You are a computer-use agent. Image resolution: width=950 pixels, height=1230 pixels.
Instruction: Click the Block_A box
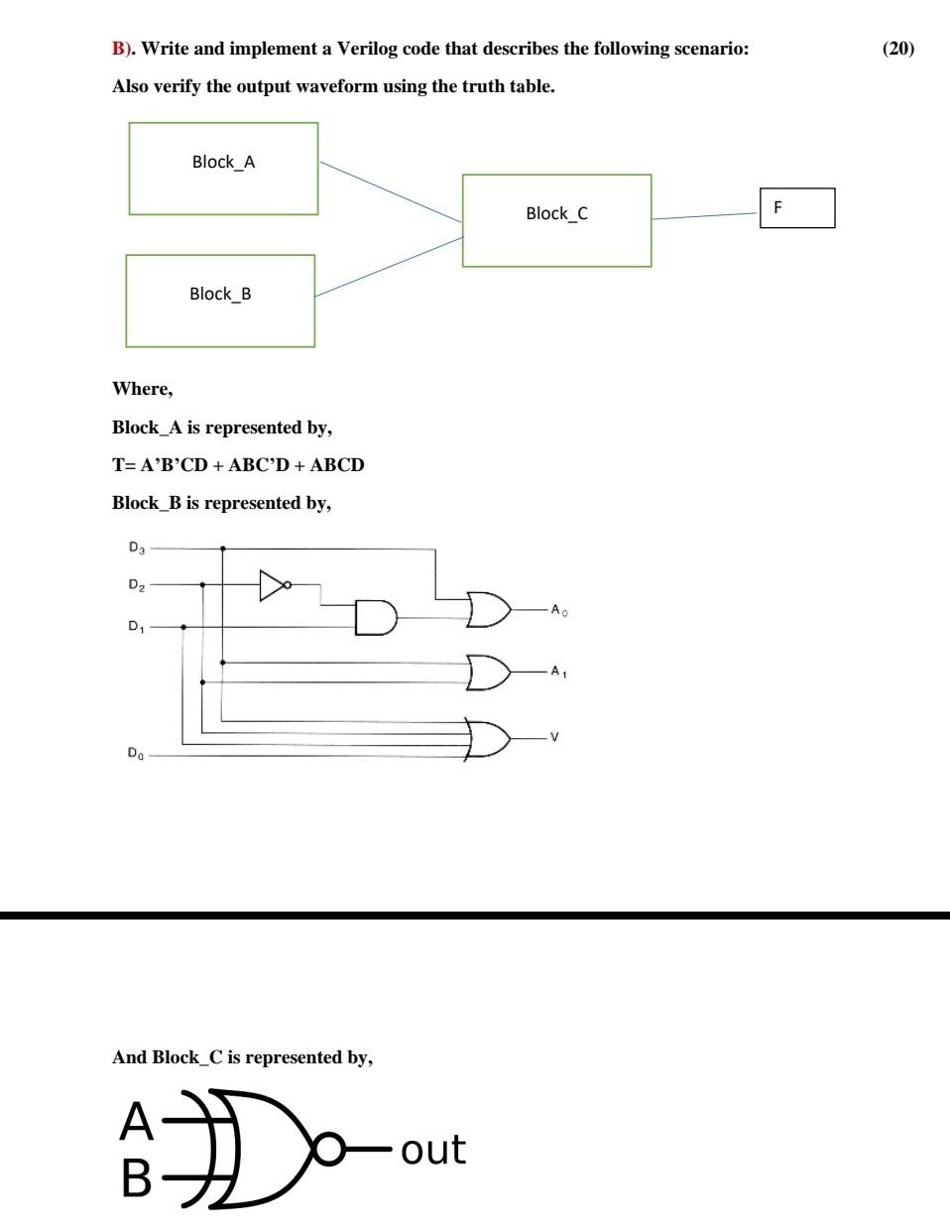[x=223, y=169]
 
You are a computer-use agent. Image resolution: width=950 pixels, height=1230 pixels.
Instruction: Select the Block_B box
[x=220, y=301]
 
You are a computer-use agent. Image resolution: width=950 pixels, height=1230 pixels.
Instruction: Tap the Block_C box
[x=556, y=220]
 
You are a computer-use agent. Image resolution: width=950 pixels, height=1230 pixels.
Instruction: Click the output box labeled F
[x=797, y=207]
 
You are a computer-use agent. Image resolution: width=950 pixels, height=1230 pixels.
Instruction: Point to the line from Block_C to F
[x=704, y=216]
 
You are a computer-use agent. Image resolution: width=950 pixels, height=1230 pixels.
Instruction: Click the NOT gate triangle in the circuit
[x=273, y=585]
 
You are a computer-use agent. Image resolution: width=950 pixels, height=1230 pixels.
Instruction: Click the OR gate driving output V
[x=489, y=739]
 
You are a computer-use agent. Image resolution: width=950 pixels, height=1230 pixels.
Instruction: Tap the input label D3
[x=137, y=548]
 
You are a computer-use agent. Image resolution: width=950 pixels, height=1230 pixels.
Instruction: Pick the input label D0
[x=136, y=754]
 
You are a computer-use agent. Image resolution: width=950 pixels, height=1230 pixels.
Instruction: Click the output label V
[x=554, y=737]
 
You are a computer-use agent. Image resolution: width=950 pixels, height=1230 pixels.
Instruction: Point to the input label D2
[x=137, y=585]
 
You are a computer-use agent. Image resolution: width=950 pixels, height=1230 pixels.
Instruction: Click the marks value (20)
[x=898, y=49]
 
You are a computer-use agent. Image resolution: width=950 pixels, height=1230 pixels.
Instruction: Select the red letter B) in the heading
[x=122, y=49]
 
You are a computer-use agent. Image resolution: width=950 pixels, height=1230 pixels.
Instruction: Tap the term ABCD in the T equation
[x=337, y=464]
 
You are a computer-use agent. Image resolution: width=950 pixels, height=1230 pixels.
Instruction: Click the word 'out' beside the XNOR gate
[x=433, y=1150]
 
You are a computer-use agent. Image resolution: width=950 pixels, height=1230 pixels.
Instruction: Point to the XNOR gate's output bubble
[x=330, y=1150]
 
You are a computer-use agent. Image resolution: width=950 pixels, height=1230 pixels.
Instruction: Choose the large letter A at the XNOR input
[x=137, y=1122]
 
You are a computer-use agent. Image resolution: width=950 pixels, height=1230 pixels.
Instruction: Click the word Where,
[x=142, y=389]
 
